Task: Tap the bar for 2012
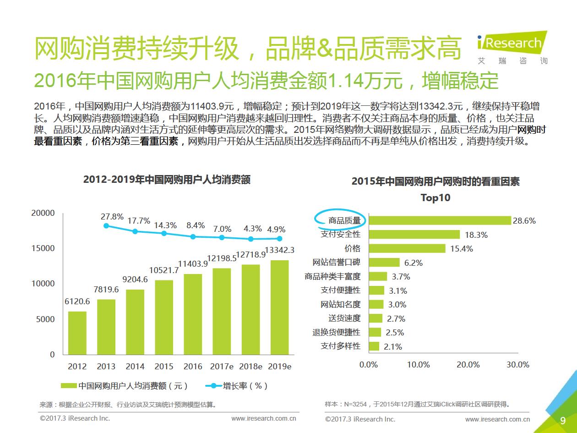[77, 333]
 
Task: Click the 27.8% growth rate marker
[106, 225]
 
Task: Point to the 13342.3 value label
[279, 250]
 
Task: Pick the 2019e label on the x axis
[279, 366]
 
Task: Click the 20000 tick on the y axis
[43, 213]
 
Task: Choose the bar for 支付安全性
[414, 234]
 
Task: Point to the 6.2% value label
[413, 263]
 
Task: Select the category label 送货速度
[344, 318]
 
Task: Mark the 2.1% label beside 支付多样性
[393, 347]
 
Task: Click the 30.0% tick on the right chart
[518, 365]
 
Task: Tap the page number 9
[563, 421]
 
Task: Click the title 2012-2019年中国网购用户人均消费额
[167, 180]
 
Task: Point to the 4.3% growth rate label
[253, 229]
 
